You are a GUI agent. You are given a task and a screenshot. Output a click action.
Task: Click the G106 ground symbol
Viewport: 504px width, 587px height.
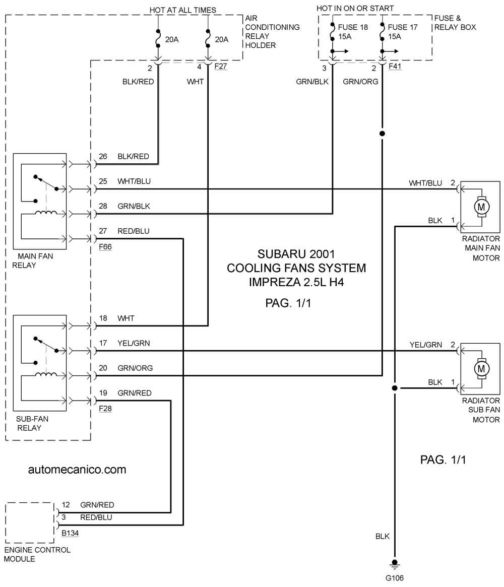pos(394,564)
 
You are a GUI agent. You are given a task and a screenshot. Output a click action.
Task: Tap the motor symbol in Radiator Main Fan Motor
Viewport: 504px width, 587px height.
pos(481,207)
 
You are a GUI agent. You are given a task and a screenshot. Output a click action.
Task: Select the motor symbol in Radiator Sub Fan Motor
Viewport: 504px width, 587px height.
pos(481,369)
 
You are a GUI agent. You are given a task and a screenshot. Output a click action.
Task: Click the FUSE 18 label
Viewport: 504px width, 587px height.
pos(353,27)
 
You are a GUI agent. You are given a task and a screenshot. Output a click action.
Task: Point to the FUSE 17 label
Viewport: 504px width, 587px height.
pos(403,27)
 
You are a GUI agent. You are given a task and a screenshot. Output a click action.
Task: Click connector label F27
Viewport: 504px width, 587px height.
pos(221,67)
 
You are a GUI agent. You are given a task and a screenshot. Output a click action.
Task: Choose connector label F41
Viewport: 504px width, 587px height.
pos(395,67)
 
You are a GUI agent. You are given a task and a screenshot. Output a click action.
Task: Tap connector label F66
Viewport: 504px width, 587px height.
pos(105,247)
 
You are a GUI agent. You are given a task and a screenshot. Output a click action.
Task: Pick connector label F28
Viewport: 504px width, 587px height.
pos(105,409)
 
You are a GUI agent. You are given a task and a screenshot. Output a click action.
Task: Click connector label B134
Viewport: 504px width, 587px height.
pos(70,533)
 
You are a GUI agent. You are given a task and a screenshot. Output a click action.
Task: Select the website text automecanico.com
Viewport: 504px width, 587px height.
pos(77,470)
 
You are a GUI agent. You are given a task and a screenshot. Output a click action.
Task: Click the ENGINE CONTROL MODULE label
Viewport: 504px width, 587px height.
pos(37,554)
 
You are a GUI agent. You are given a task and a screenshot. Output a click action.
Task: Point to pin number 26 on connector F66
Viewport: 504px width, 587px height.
pos(103,157)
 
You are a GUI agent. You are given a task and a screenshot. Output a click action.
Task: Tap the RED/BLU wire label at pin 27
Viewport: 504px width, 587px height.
pos(133,231)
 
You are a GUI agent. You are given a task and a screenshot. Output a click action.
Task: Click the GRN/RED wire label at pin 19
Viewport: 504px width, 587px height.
pos(135,393)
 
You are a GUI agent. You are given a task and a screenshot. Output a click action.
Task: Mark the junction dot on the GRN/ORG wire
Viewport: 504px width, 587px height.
pos(382,134)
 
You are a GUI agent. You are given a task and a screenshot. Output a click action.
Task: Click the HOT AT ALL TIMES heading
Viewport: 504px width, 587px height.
pos(183,10)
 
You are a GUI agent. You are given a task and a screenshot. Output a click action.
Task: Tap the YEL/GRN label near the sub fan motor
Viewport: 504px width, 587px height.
pos(426,345)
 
